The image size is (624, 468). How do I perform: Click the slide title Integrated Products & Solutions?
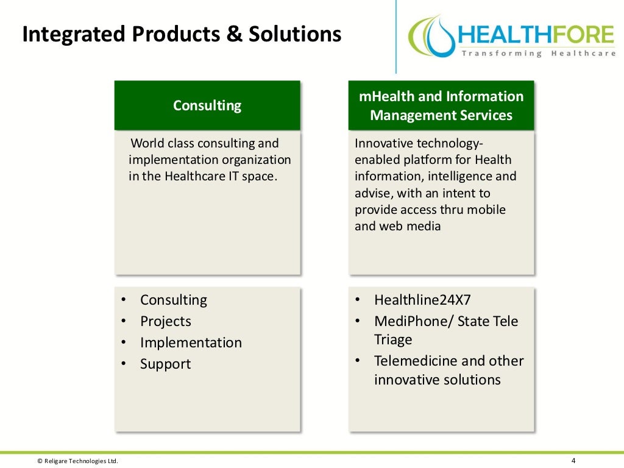(181, 34)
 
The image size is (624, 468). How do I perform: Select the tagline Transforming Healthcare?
(539, 54)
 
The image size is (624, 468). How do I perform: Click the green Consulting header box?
(207, 105)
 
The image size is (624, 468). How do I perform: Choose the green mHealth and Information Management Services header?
(441, 105)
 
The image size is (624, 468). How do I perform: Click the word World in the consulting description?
(148, 143)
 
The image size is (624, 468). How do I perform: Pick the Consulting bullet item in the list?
(173, 300)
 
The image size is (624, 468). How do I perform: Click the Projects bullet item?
(165, 321)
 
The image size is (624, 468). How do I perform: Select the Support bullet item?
(165, 364)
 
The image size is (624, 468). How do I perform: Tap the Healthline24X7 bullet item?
(422, 300)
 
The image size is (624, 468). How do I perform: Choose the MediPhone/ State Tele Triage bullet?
(445, 330)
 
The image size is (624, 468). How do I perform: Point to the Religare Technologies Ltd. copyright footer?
(77, 461)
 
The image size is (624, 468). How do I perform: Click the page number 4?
(573, 461)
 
